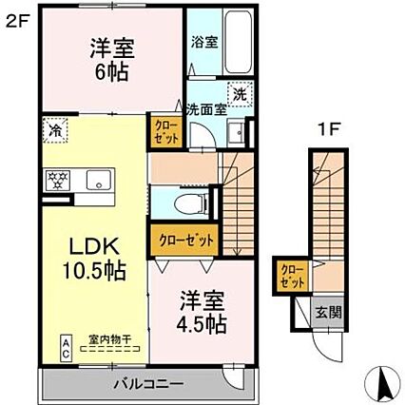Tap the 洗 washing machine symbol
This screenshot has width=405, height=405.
(240, 95)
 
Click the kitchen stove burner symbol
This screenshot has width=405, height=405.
(54, 178)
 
